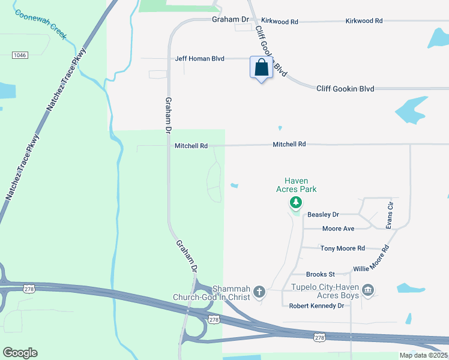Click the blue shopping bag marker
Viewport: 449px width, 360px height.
pos(261,68)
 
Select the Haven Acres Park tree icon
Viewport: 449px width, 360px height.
pos(295,203)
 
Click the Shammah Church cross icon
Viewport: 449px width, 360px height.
pos(259,292)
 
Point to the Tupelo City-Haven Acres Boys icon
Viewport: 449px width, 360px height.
pos(369,292)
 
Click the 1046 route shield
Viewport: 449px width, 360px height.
pos(20,55)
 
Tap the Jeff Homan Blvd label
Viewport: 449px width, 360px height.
pos(199,59)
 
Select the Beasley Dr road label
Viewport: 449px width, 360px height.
pos(323,214)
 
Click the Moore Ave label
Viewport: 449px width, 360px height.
pos(338,229)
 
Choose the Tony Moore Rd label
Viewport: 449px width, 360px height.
pos(342,248)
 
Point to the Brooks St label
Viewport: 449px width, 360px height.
pos(320,274)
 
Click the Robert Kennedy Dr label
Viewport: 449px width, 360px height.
pos(316,305)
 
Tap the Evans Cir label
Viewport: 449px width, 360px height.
pos(390,215)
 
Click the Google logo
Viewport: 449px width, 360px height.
pos(20,353)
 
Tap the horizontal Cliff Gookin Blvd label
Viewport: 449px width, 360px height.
pos(345,89)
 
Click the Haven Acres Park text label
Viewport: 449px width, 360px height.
pos(296,185)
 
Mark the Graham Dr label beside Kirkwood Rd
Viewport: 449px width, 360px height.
pos(230,20)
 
